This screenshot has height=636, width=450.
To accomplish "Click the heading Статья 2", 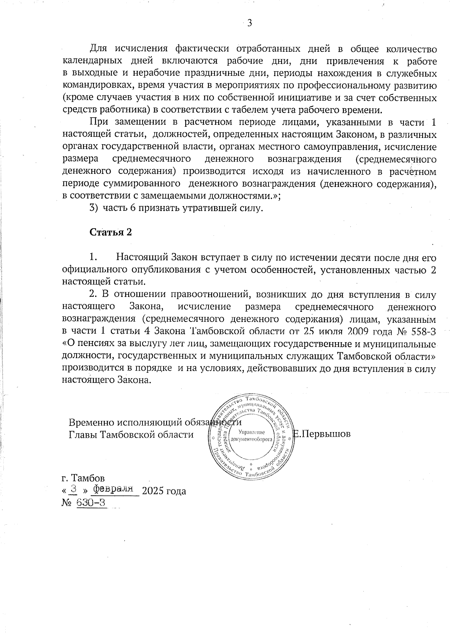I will (x=111, y=232).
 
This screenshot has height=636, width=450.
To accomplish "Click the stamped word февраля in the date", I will (x=114, y=489).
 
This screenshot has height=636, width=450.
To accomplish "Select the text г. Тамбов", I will (x=83, y=478).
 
